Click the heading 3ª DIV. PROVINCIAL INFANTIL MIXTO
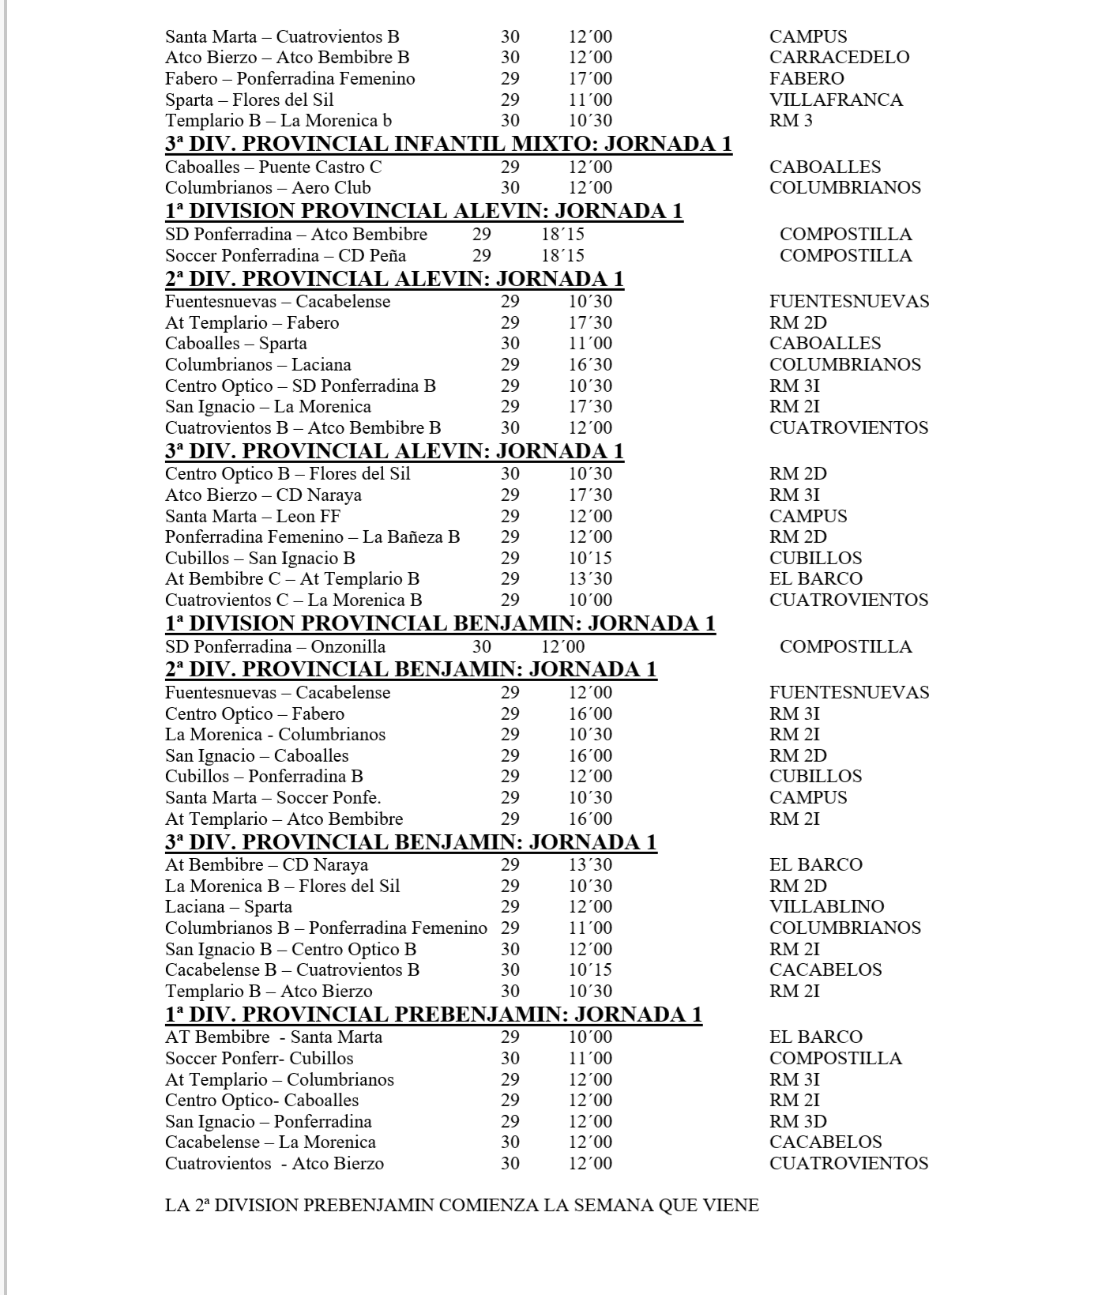pos(448,144)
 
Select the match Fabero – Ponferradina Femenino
pos(290,78)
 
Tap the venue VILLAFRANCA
pos(836,100)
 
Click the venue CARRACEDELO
pos(839,57)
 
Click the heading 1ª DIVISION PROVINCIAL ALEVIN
pos(423,211)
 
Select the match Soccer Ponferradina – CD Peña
pos(285,255)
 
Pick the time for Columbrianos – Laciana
pos(590,364)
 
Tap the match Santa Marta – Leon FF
pos(252,516)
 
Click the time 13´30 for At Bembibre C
pos(590,578)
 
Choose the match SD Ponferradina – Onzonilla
pos(275,646)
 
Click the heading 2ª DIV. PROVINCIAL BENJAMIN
pos(411,669)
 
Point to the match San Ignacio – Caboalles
pos(257,755)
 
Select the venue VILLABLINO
pos(826,906)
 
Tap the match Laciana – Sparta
pos(228,906)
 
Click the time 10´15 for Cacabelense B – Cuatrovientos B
pos(590,969)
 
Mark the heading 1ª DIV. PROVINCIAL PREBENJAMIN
pos(433,1014)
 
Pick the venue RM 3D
pos(798,1121)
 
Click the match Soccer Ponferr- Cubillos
pos(259,1058)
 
